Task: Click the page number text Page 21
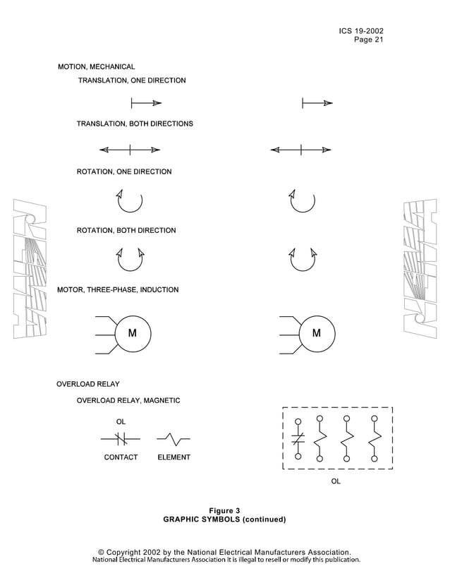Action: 368,40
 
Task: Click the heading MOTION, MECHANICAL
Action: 96,66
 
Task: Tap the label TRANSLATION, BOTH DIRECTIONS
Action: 135,124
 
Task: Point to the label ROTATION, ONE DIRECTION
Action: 124,172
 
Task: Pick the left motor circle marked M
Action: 132,333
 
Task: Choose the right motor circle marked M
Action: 317,333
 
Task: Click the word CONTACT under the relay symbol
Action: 121,457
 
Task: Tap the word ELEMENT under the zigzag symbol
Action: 174,457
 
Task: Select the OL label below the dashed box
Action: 336,481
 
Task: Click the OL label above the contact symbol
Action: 121,422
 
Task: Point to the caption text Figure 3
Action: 224,510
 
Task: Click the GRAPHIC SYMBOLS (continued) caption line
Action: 224,519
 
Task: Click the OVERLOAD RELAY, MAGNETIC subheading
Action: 128,400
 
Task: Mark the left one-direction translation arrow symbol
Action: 146,103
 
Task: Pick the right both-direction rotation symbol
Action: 303,259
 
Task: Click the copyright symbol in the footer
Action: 102,552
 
